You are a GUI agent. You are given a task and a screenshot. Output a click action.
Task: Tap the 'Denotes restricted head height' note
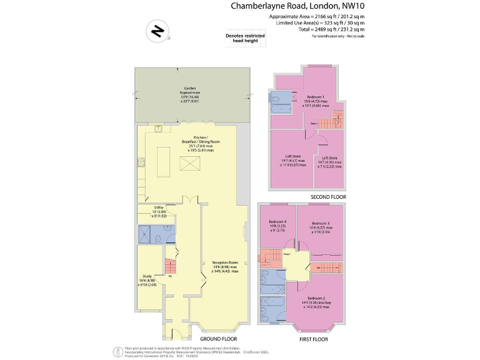click(244, 39)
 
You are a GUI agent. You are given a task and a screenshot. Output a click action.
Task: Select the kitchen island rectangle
click(166, 162)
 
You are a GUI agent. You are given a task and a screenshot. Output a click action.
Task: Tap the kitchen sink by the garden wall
click(158, 129)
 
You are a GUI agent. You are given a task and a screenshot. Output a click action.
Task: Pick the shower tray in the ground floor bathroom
click(146, 235)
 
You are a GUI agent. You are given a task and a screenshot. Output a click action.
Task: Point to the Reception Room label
click(225, 267)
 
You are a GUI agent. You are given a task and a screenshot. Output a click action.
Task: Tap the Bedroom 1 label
click(314, 101)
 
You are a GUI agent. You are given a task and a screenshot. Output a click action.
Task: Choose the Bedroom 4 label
click(277, 225)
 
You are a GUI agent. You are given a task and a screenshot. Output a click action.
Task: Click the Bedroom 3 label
click(321, 226)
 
